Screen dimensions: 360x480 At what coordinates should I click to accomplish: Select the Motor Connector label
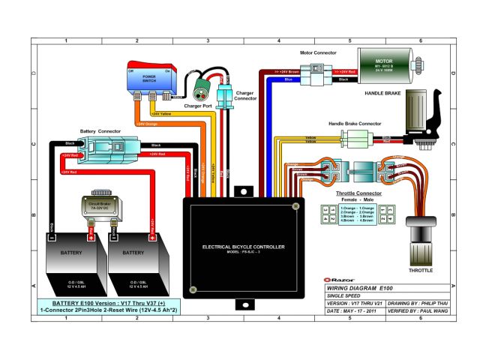pos(318,54)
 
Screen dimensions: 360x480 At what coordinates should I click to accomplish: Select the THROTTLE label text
pos(419,270)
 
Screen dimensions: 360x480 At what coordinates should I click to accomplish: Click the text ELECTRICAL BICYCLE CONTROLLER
pos(243,247)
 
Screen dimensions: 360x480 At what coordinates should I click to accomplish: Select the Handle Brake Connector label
pos(355,123)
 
